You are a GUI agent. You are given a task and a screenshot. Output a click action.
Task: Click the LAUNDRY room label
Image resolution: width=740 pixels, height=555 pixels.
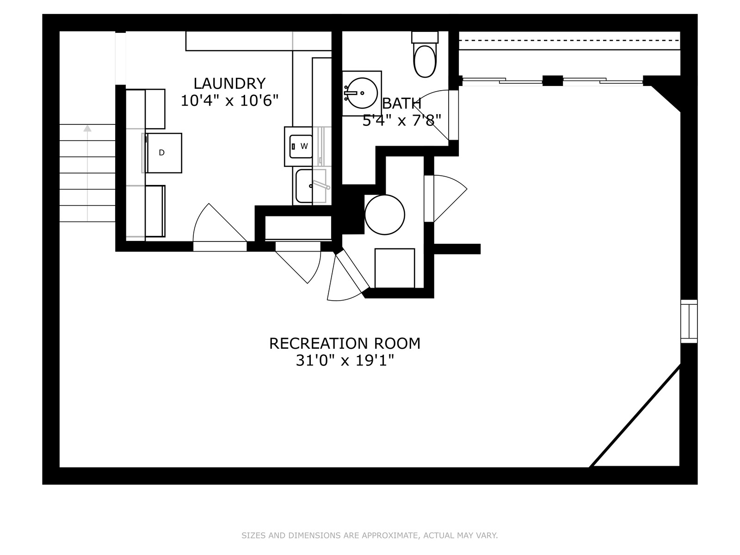tap(229, 83)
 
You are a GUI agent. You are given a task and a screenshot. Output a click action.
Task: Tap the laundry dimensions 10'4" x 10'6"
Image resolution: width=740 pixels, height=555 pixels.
tap(229, 100)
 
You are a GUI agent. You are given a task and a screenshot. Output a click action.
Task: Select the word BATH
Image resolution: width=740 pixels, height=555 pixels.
tap(401, 104)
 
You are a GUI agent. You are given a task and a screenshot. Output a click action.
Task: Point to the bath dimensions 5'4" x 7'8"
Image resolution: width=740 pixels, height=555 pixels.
tap(402, 120)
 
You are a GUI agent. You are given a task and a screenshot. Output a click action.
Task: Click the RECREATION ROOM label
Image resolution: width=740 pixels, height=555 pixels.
tap(345, 343)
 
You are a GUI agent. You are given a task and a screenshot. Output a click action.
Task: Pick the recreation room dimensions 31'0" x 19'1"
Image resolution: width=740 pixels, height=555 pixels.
tap(345, 361)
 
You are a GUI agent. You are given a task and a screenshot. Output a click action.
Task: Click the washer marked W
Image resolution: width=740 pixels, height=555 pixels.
tap(301, 147)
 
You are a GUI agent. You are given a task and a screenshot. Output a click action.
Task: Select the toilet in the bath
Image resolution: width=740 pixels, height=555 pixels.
tap(425, 55)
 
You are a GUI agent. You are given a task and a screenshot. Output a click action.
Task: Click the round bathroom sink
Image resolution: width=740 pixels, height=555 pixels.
tap(363, 93)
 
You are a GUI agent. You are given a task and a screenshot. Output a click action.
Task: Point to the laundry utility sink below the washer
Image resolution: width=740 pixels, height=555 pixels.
tap(311, 186)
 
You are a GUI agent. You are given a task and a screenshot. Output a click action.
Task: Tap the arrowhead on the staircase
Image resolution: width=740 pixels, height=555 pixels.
tap(88, 129)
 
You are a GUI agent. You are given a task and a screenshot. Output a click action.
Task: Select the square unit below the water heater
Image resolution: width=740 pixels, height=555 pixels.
tap(395, 268)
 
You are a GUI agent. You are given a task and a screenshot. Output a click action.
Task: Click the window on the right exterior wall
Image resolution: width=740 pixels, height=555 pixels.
tap(689, 321)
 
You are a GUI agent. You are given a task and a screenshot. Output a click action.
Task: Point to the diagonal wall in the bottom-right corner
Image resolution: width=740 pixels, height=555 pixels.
tap(635, 416)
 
